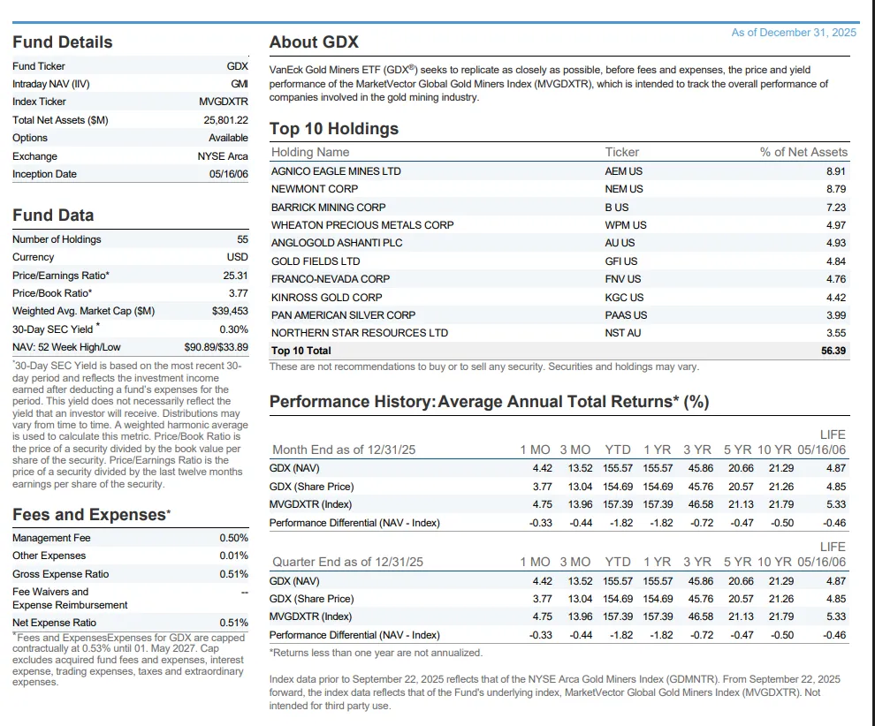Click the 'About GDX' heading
pyautogui.click(x=314, y=42)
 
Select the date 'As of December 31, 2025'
pyautogui.click(x=794, y=33)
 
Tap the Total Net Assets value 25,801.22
pyautogui.click(x=225, y=120)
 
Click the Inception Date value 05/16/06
pyautogui.click(x=228, y=174)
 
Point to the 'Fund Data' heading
pyautogui.click(x=53, y=216)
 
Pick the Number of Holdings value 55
pyautogui.click(x=242, y=239)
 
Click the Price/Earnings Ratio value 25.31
pyautogui.click(x=235, y=275)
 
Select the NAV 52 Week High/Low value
pyautogui.click(x=216, y=346)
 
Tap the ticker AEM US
pyautogui.click(x=624, y=171)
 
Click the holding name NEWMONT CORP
pyautogui.click(x=315, y=189)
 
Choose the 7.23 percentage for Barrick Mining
pyautogui.click(x=835, y=207)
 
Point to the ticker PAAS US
pyautogui.click(x=626, y=315)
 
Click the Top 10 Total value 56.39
pyautogui.click(x=833, y=351)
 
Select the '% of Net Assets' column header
pyautogui.click(x=803, y=152)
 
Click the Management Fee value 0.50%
pyautogui.click(x=233, y=538)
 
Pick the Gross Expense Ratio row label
pyautogui.click(x=61, y=574)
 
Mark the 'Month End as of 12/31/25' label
pyautogui.click(x=344, y=450)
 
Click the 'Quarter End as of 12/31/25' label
pyautogui.click(x=347, y=562)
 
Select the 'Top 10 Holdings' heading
pyautogui.click(x=334, y=129)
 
